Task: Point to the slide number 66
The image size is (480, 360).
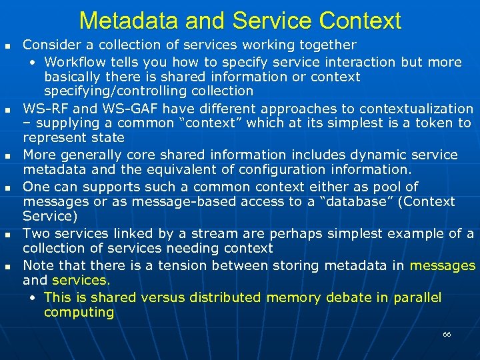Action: point(447,334)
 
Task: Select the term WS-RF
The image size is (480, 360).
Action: point(43,109)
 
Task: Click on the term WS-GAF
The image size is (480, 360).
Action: point(115,109)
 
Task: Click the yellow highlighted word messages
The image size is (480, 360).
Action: point(443,265)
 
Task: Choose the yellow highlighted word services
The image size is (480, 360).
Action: point(79,280)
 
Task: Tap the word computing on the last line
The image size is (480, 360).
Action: point(79,312)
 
